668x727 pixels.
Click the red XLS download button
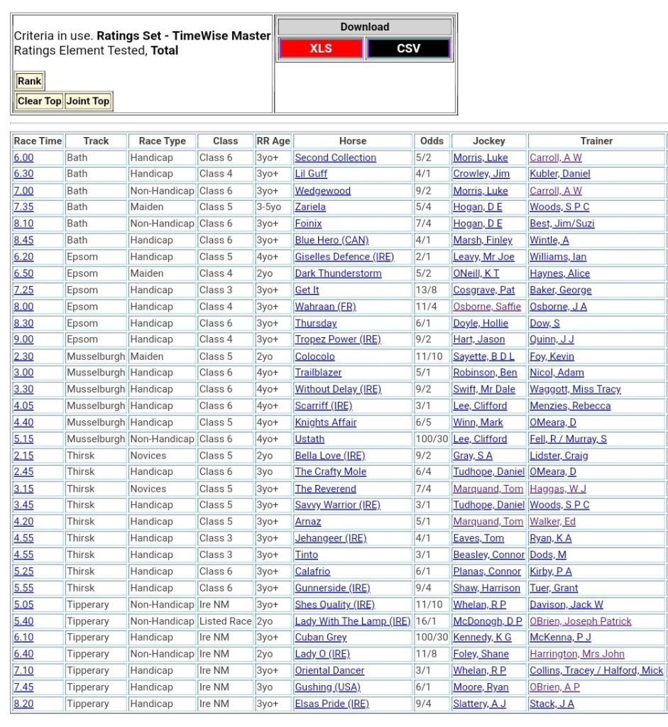click(x=320, y=48)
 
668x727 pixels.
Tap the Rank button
click(x=30, y=81)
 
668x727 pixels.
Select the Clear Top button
click(x=40, y=101)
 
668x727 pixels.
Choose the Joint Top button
click(x=88, y=101)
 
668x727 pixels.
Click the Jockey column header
click(x=488, y=141)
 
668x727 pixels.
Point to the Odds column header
click(x=432, y=141)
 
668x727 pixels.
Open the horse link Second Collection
click(x=335, y=158)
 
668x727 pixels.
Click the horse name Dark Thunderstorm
click(x=338, y=273)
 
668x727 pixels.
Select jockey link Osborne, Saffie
click(x=487, y=307)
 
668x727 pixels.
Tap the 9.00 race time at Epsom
click(x=23, y=339)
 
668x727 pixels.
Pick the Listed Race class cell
click(x=225, y=621)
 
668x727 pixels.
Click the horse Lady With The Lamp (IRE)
click(x=352, y=621)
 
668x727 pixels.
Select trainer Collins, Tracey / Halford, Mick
click(x=596, y=670)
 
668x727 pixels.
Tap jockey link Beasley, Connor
click(x=488, y=554)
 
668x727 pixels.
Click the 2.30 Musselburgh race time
click(x=23, y=356)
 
